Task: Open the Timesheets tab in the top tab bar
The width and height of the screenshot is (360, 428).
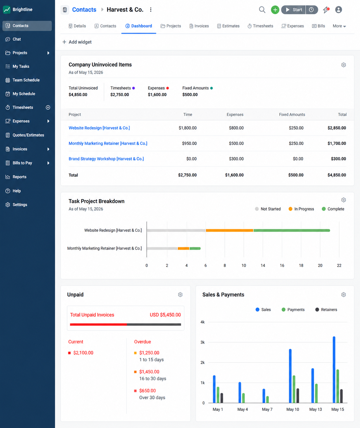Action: tap(260, 26)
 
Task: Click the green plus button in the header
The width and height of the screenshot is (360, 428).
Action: tap(275, 10)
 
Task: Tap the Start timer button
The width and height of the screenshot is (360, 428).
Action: tap(293, 10)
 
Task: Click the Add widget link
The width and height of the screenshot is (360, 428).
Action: tap(77, 42)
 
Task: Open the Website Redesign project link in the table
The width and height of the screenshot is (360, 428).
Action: tap(99, 128)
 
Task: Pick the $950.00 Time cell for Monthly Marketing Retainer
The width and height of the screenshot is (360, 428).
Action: tap(189, 143)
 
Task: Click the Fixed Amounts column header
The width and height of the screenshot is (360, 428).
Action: tap(292, 114)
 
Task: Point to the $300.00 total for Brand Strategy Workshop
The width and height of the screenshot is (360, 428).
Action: tap(338, 159)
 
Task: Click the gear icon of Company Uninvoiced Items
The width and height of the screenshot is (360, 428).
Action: tap(344, 65)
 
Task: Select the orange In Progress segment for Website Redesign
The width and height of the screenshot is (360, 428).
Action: tap(229, 230)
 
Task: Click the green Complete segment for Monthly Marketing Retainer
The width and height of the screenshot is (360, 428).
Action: tap(195, 248)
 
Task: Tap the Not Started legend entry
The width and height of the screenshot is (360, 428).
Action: tap(268, 209)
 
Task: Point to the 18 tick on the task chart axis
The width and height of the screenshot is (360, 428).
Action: tap(301, 266)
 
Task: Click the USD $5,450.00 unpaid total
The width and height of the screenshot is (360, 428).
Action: tap(165, 315)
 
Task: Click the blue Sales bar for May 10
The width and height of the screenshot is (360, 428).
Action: tap(290, 376)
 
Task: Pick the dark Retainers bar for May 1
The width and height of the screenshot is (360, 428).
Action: tap(222, 398)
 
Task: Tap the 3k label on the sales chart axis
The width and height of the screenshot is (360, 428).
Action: tap(203, 342)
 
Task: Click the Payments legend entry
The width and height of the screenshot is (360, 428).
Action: tap(293, 310)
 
